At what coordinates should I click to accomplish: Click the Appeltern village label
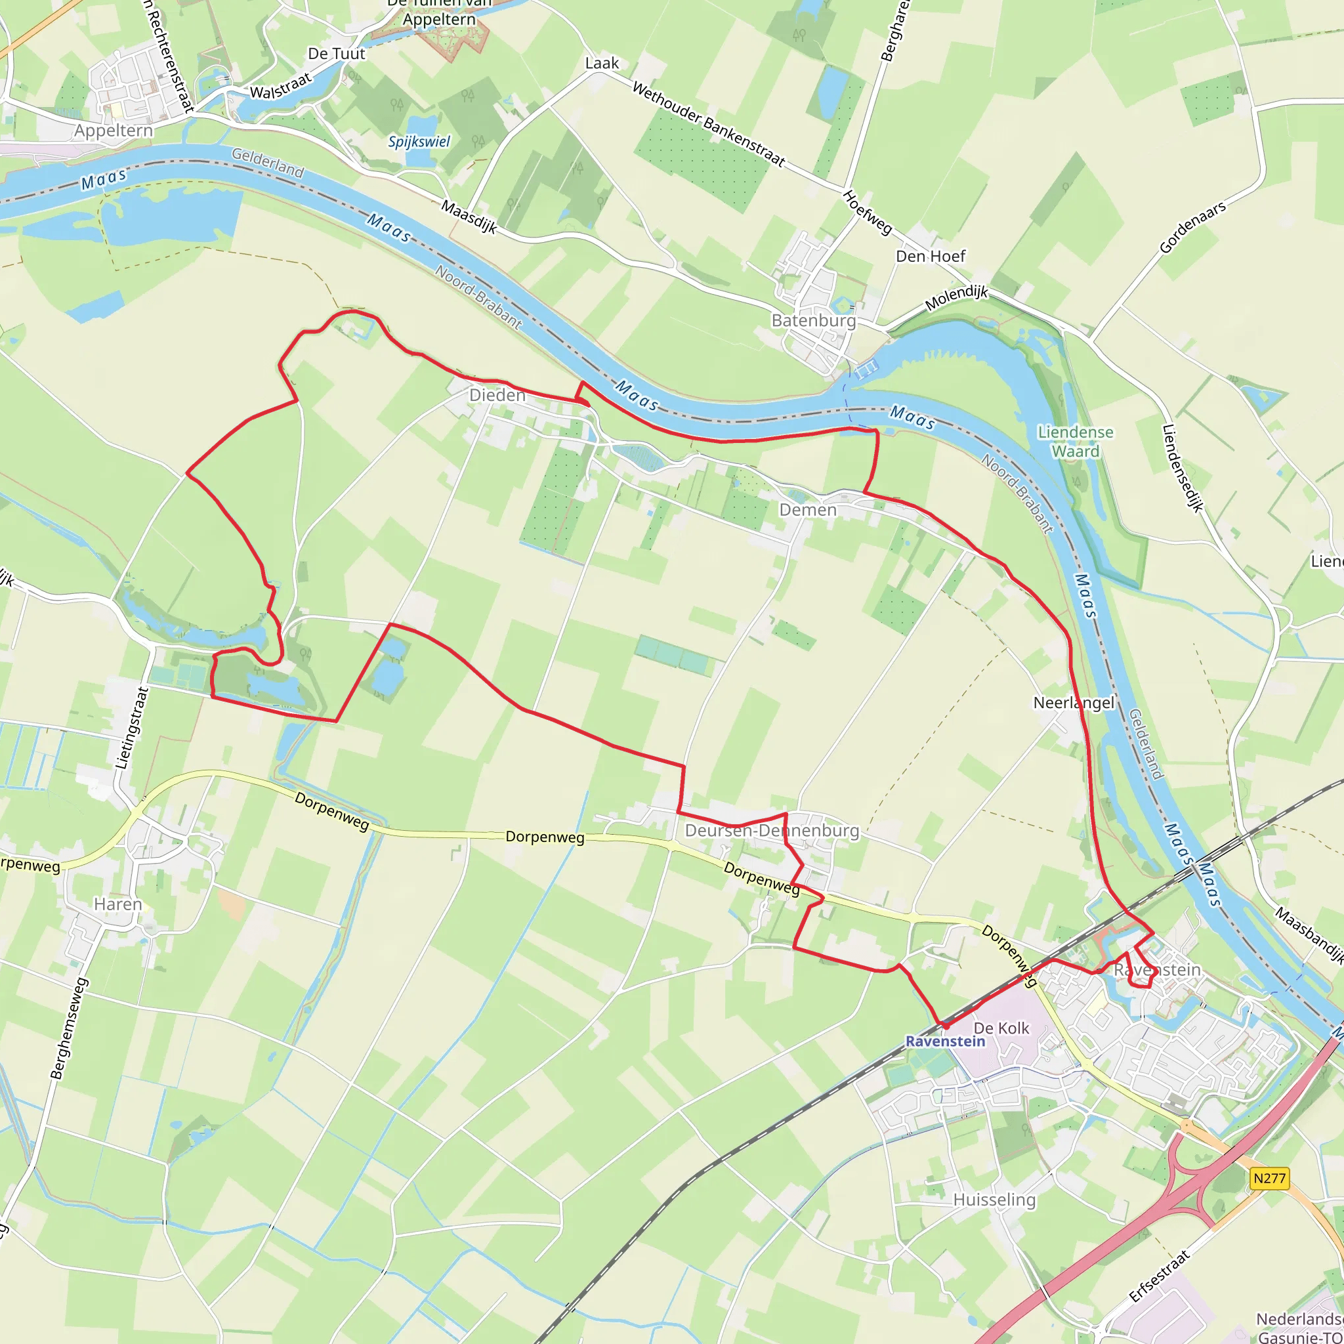click(x=114, y=131)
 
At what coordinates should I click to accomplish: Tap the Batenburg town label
click(x=813, y=321)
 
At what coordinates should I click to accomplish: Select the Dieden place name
click(x=497, y=395)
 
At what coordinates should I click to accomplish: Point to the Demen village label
click(x=808, y=510)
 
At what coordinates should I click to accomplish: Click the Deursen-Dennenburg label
click(x=772, y=831)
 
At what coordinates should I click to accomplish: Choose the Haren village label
click(x=117, y=904)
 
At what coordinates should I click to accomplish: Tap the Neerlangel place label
click(x=1074, y=703)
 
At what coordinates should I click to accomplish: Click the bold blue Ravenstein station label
click(x=946, y=1041)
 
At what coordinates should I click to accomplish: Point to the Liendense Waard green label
click(x=1076, y=442)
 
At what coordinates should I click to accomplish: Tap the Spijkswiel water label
click(x=419, y=142)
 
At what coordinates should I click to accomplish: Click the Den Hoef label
click(x=930, y=256)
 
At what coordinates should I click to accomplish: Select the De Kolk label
click(x=1001, y=1028)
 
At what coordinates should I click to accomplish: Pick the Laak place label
click(x=602, y=63)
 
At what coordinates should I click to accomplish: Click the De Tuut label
click(x=336, y=54)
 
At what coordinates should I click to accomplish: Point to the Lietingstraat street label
click(x=132, y=728)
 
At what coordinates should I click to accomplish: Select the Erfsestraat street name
click(x=1159, y=1276)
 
